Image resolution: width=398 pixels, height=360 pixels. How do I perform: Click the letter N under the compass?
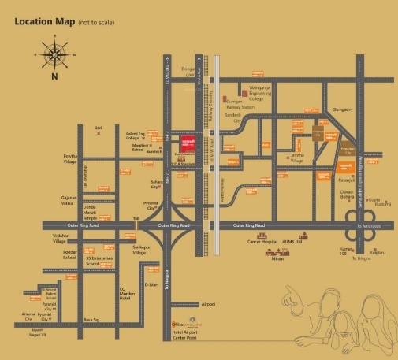(54, 77)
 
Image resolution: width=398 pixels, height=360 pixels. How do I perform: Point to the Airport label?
(208, 304)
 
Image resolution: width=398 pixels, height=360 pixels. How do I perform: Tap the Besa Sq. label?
(91, 319)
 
